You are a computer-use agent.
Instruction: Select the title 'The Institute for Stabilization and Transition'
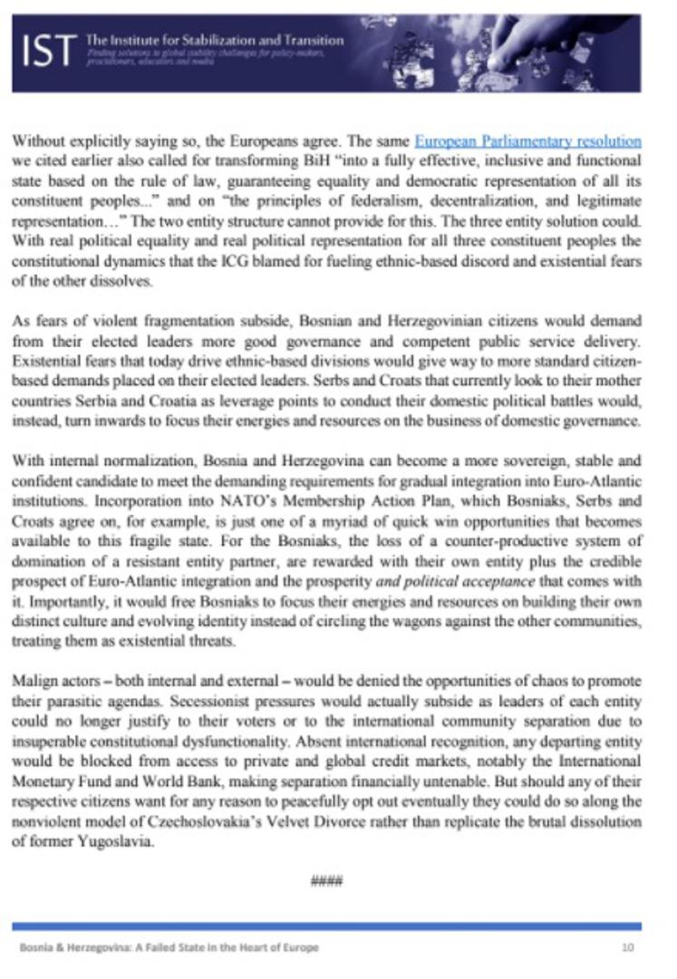(x=215, y=40)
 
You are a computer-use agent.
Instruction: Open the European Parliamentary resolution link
(x=528, y=142)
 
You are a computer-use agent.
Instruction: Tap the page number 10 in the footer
(x=627, y=947)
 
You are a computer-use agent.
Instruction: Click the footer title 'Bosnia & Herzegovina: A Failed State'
(x=169, y=947)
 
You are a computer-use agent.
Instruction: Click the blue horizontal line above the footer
(x=326, y=926)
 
